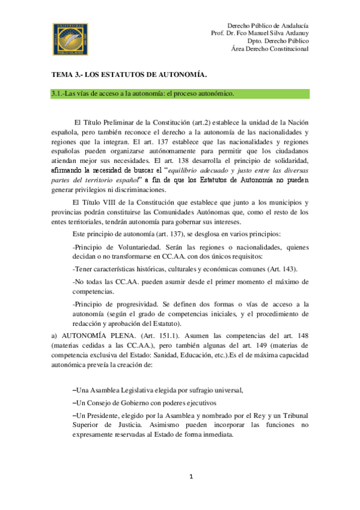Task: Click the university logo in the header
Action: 72,38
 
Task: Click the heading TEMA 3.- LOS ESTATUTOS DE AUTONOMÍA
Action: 129,75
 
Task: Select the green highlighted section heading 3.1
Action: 142,94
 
